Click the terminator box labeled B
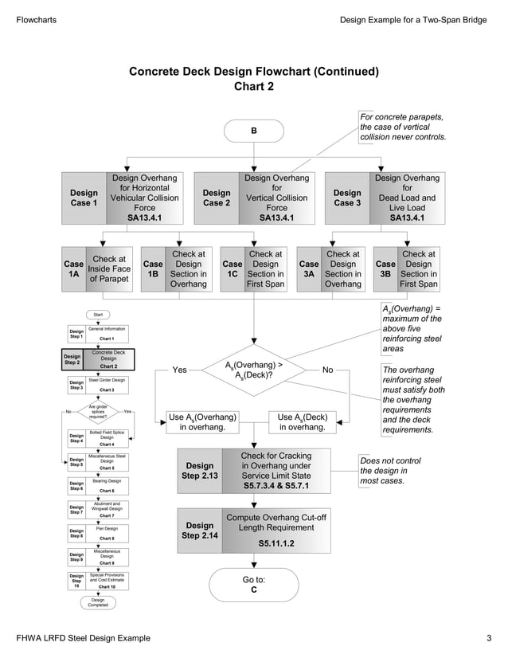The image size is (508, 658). tap(254, 131)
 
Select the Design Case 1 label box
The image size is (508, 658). tap(84, 198)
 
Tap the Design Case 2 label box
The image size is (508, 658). tap(216, 198)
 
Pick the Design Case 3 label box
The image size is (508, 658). tap(347, 198)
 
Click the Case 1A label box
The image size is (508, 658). tap(73, 269)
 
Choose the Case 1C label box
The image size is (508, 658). tap(233, 269)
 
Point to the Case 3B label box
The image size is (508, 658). tap(385, 269)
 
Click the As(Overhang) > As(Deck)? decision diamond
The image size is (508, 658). tap(253, 370)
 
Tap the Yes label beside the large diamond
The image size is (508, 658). tap(180, 370)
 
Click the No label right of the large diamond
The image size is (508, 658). tap(328, 370)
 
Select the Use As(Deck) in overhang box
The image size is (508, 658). tap(302, 421)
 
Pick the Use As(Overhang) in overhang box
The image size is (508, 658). tap(203, 421)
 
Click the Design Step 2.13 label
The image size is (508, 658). tap(199, 471)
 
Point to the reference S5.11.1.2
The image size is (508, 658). tap(276, 543)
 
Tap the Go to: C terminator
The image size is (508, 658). tap(254, 586)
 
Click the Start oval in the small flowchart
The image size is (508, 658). tap(98, 315)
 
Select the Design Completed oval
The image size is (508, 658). tap(98, 602)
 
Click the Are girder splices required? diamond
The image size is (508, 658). tap(98, 411)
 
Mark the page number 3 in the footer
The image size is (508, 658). tap(489, 638)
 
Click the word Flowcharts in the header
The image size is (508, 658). tap(36, 19)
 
